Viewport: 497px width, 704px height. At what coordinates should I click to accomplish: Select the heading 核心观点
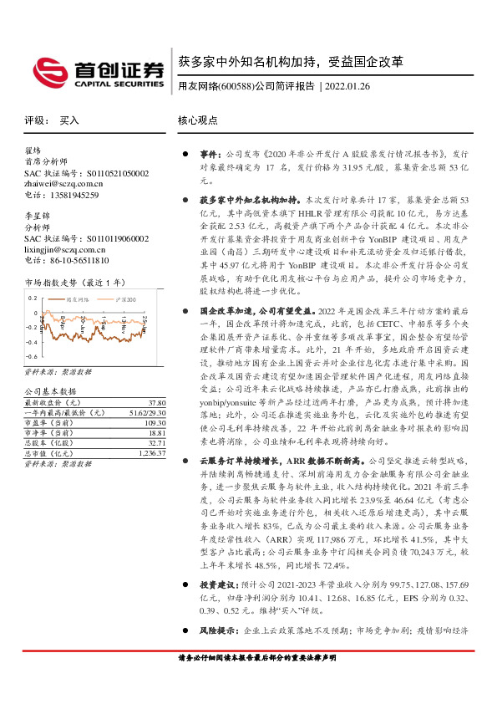tap(199, 120)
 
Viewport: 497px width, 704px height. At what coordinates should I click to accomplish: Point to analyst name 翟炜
tap(33, 151)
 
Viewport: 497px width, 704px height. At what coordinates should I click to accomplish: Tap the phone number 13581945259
tap(74, 195)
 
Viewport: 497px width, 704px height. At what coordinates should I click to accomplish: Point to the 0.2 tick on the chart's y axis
tap(33, 298)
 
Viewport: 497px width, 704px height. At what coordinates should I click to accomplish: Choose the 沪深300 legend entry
tap(121, 299)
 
